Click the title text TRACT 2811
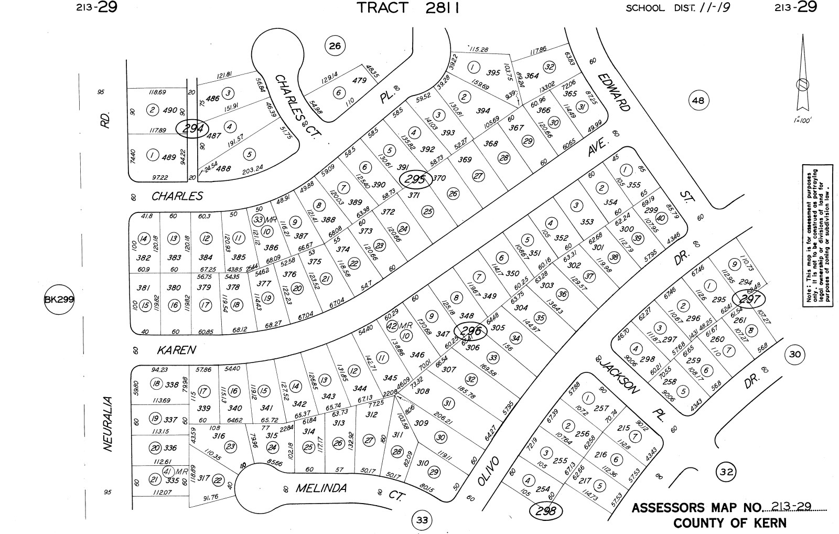tap(408, 8)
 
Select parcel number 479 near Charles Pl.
tap(359, 80)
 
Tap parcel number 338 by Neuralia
tap(172, 385)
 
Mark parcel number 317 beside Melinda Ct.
tap(204, 478)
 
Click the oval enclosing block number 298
tap(546, 510)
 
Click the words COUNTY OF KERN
tap(729, 523)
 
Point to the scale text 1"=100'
tap(802, 120)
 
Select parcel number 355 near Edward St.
tap(634, 185)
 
